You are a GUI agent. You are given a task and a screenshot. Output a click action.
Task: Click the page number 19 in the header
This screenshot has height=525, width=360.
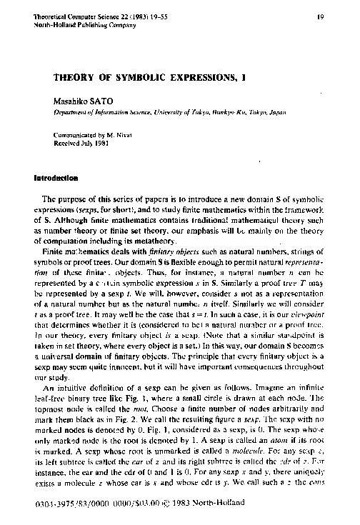point(323,14)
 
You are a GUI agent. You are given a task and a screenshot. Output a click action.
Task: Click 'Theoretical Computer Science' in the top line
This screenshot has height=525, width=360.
point(69,14)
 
